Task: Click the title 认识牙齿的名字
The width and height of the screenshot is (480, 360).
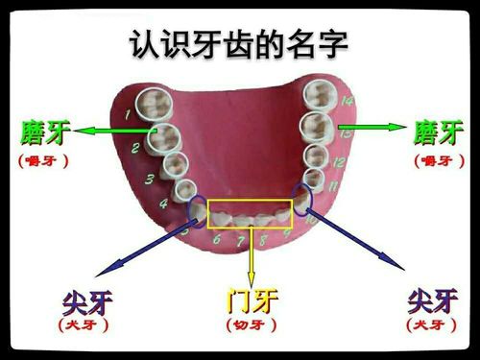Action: (x=240, y=43)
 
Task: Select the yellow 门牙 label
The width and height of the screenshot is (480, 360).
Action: (x=252, y=300)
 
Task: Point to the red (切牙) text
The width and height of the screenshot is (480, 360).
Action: (x=252, y=326)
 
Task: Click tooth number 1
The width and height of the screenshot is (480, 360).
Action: (x=150, y=103)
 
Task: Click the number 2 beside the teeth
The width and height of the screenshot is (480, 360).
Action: (x=136, y=148)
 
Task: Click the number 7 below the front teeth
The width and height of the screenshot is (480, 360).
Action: (x=238, y=242)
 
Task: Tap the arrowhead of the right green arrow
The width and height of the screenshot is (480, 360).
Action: (x=401, y=127)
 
